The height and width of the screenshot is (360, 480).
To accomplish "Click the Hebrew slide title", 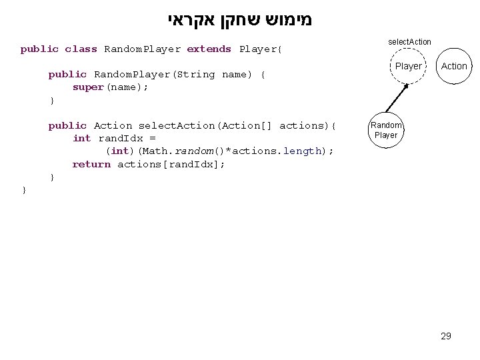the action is click(239, 19).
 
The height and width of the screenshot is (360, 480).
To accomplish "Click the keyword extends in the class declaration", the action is click(209, 49).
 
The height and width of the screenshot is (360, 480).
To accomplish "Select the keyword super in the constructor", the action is click(88, 87).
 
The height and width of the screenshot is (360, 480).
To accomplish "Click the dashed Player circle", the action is click(408, 66).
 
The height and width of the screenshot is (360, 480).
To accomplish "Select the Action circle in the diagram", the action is click(454, 66).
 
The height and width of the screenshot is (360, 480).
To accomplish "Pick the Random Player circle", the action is click(386, 130).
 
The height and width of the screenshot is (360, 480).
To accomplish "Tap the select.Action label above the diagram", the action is click(409, 42).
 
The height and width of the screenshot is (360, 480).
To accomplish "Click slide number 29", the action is click(446, 336).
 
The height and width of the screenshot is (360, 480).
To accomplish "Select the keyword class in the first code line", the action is click(81, 49).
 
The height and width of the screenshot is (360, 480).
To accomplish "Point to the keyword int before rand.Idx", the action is click(81, 138).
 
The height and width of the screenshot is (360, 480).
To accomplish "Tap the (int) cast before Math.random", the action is click(121, 151).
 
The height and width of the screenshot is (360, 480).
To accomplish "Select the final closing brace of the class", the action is click(24, 190).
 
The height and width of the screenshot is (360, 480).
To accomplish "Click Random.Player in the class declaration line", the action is click(142, 49).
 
